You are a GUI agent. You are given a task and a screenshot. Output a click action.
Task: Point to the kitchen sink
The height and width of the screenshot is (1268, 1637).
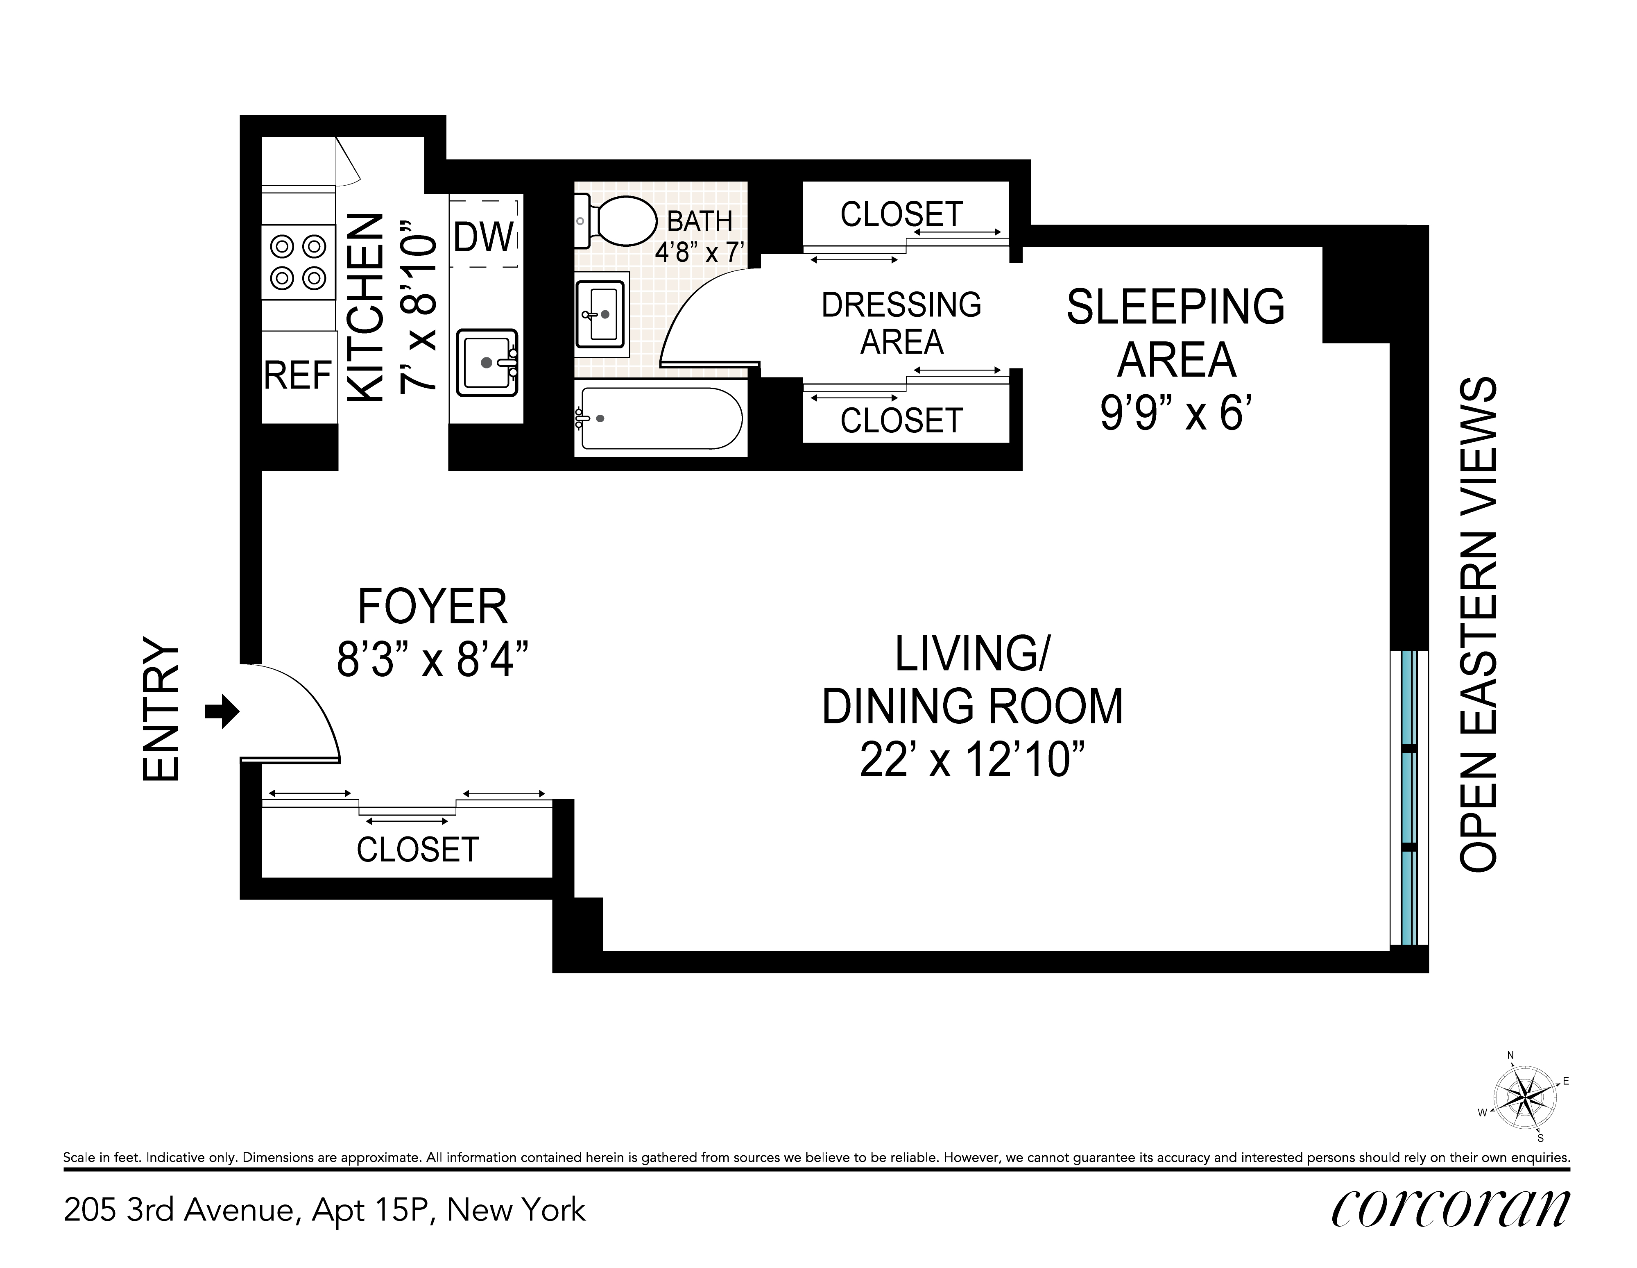click(488, 363)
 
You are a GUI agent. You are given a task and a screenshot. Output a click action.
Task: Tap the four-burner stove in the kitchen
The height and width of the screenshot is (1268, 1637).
click(298, 262)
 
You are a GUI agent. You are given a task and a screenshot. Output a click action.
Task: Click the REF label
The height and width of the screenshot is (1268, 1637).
click(298, 376)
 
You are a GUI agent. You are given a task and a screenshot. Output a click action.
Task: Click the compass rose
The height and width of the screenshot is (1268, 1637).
click(1524, 1100)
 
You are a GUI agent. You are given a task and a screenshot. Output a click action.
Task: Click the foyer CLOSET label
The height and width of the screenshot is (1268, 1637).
click(417, 850)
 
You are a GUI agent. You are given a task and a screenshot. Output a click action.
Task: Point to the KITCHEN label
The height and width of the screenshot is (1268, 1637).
click(367, 308)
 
